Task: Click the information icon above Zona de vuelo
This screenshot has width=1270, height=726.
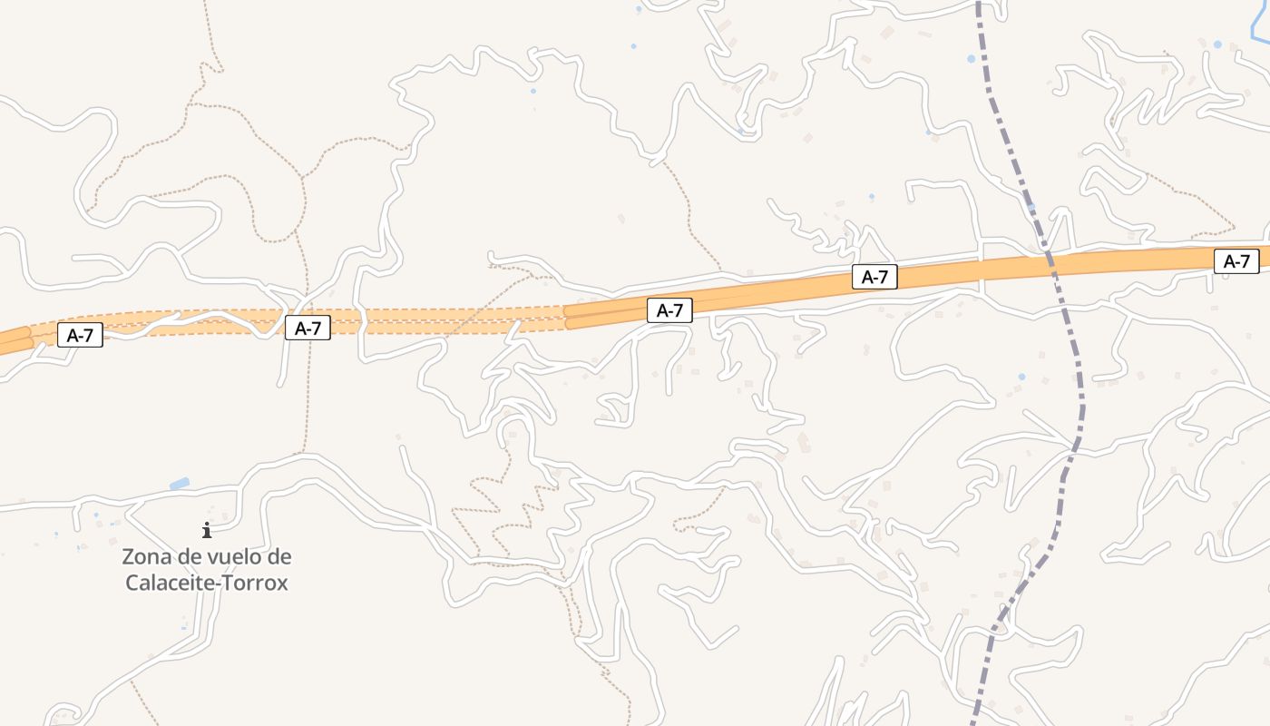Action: point(207,530)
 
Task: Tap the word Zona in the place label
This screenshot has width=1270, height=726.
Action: point(148,556)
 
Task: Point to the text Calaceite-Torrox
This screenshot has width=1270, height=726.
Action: point(207,583)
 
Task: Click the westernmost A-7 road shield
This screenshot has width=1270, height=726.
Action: point(81,335)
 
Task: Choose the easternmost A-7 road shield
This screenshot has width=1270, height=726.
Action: point(1236,261)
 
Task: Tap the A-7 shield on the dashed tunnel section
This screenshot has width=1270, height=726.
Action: point(308,328)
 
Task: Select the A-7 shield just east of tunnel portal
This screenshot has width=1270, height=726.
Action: point(669,310)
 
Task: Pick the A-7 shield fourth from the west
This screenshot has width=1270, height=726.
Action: point(874,278)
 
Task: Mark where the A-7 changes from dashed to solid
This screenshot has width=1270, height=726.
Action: point(565,317)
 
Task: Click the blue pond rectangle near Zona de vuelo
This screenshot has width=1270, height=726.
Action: point(180,484)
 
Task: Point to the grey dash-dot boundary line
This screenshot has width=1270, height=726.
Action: point(1080,399)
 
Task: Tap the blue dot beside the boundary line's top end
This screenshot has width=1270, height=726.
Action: point(971,58)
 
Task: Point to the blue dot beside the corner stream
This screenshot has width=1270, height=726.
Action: point(1217,44)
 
